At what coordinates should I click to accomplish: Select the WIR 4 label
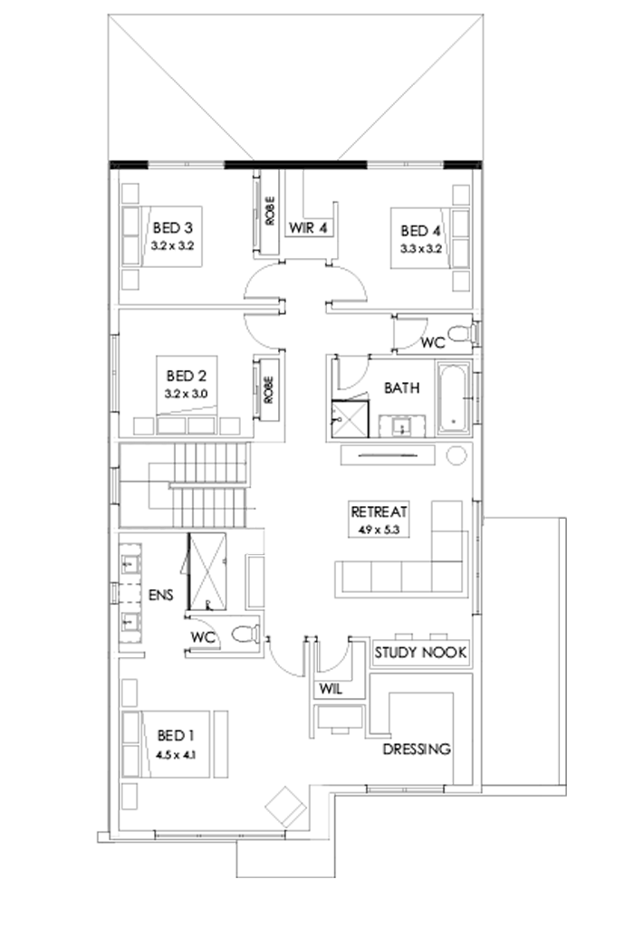click(308, 227)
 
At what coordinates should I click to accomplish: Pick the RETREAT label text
click(380, 511)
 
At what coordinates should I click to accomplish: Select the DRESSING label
click(417, 750)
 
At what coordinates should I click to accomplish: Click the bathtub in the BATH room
click(452, 397)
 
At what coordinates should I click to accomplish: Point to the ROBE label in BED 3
click(270, 212)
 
